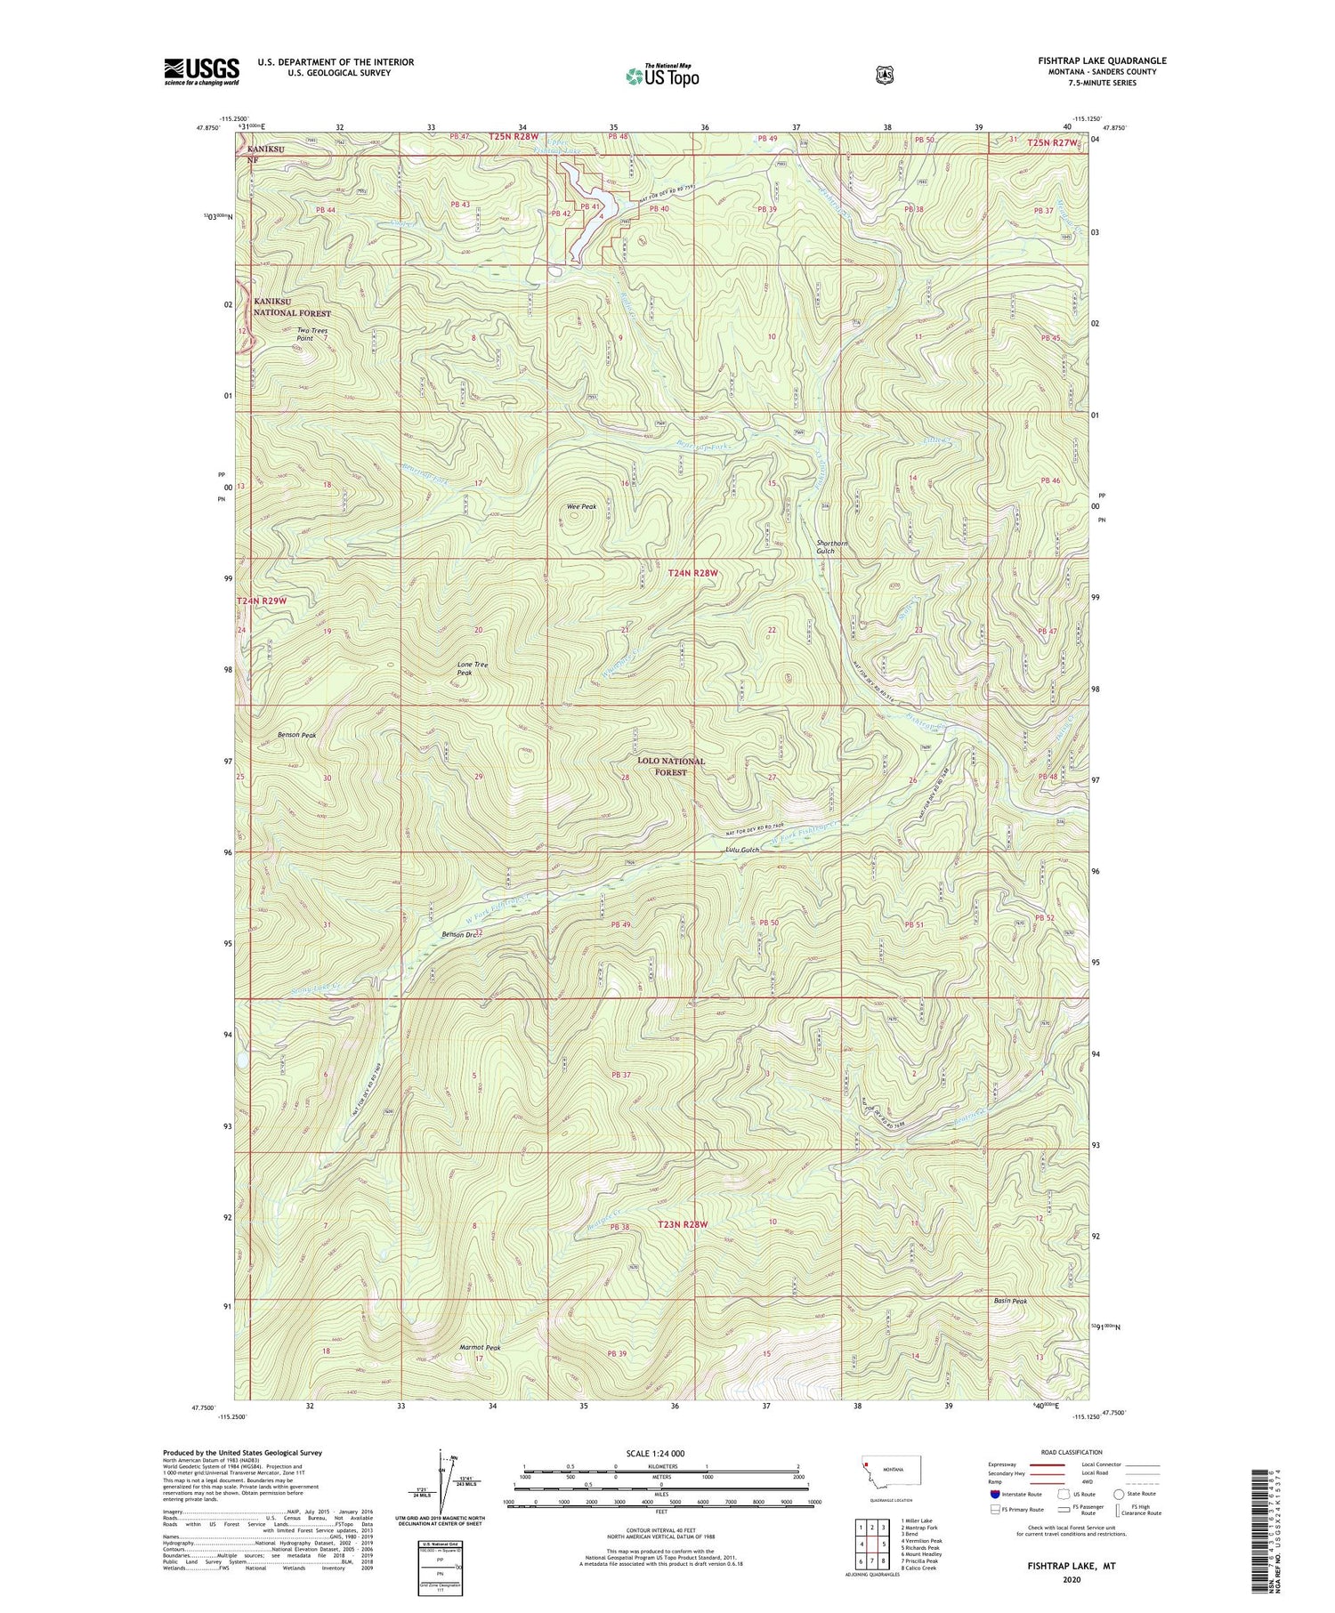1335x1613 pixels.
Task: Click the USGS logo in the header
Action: (201, 70)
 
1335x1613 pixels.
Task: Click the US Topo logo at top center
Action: (662, 77)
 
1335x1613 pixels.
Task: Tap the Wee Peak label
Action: (581, 506)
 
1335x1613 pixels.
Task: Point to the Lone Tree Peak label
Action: (473, 668)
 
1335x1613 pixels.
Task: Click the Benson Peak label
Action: (296, 735)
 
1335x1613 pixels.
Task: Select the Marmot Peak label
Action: (480, 1347)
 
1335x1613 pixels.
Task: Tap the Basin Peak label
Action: (1010, 1301)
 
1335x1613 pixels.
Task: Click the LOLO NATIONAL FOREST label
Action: (670, 766)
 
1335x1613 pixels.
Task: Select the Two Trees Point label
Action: (312, 335)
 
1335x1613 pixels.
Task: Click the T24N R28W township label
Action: (692, 574)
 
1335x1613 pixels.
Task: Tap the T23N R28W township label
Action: (683, 1224)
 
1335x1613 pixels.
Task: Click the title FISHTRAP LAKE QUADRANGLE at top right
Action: (1101, 60)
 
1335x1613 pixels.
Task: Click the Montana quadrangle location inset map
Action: (891, 1472)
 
